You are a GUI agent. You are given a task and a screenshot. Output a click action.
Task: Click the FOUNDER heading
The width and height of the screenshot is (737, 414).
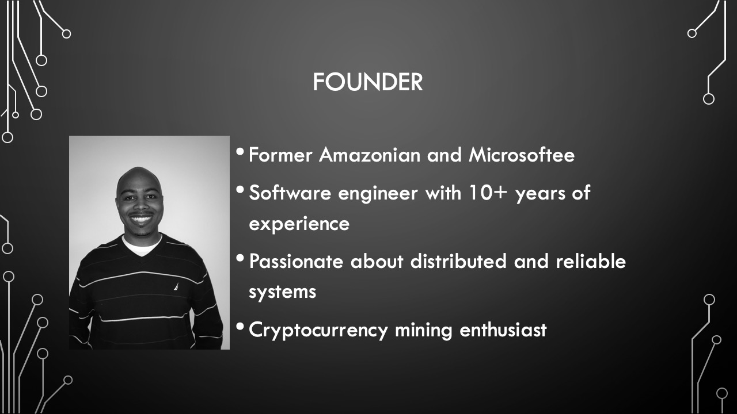(367, 82)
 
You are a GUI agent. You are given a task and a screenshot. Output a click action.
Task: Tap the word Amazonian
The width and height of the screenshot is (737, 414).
(370, 155)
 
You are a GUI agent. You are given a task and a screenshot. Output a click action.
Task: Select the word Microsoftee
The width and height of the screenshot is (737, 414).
(522, 155)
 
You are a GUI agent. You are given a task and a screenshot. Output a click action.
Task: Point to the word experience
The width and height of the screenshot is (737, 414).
(299, 225)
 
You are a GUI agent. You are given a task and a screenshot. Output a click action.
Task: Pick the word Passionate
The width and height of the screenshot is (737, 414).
(296, 262)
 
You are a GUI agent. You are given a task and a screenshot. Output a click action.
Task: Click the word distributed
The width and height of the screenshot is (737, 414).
(458, 262)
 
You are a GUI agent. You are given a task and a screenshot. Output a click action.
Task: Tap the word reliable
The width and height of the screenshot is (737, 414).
(591, 262)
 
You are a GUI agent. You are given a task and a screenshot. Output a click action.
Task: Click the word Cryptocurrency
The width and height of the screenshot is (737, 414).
(318, 331)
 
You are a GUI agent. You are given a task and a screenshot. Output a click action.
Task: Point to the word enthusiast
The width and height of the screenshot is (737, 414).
(503, 330)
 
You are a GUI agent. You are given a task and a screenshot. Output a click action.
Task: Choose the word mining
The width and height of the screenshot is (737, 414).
(423, 331)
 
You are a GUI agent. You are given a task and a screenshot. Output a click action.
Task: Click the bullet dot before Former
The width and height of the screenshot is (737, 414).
(240, 151)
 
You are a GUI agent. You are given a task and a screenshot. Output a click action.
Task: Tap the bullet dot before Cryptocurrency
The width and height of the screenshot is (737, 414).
(240, 327)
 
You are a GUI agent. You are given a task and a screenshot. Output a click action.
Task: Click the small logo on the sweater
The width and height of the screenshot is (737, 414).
(176, 286)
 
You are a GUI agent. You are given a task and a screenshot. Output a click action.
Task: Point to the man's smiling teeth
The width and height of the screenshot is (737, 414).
(141, 220)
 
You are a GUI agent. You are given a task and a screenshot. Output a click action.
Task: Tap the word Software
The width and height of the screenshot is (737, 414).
(290, 193)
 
